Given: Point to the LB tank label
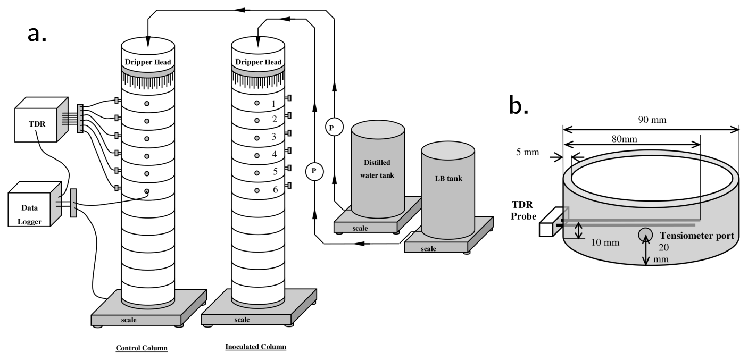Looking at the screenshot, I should pyautogui.click(x=447, y=178).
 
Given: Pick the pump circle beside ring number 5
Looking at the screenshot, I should pyautogui.click(x=314, y=171).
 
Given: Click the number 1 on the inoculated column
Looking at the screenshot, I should pyautogui.click(x=273, y=104).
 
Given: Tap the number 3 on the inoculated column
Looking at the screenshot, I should pyautogui.click(x=274, y=137).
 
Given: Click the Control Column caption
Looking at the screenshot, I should pyautogui.click(x=142, y=348).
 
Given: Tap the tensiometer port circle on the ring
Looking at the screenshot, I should pyautogui.click(x=646, y=235).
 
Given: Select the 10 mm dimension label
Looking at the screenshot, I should pyautogui.click(x=605, y=242).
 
